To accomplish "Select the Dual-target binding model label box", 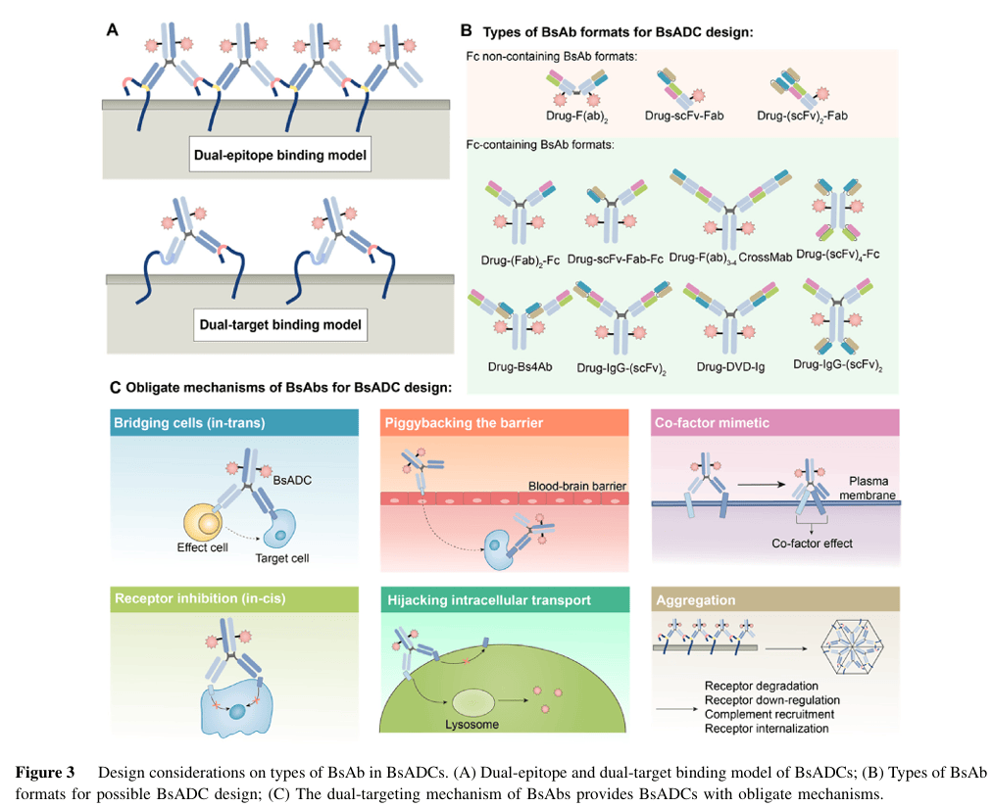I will click(x=280, y=324).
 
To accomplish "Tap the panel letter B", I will click(x=467, y=31).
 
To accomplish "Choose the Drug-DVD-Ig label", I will click(x=726, y=367).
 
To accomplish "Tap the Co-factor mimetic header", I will click(x=711, y=422).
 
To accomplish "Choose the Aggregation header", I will click(x=696, y=599).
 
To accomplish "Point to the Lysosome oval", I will click(x=473, y=703).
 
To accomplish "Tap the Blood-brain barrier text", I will click(x=576, y=486).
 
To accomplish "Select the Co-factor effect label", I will click(x=809, y=543).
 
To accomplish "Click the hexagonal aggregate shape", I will click(x=852, y=646).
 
